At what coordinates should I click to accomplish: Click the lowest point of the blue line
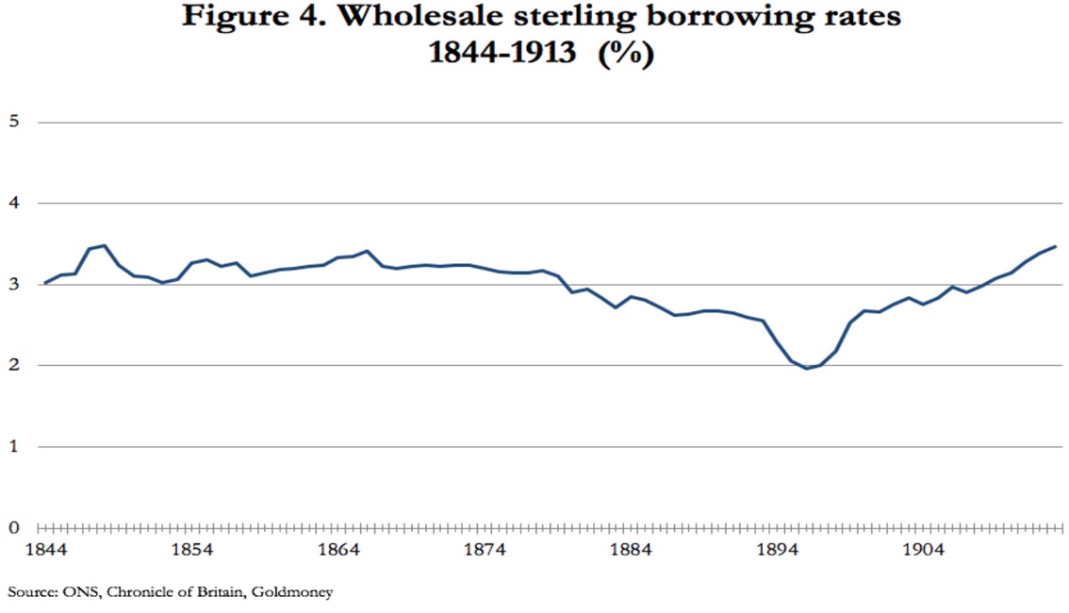click(806, 368)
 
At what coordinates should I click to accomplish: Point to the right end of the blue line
click(1055, 246)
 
